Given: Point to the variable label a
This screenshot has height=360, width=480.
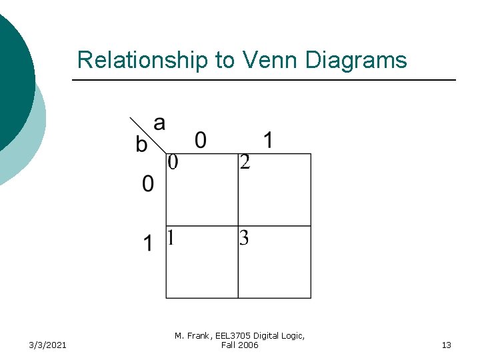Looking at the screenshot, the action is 159,123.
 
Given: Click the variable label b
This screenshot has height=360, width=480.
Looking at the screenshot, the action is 141,144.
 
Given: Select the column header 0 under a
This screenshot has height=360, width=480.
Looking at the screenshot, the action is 200,139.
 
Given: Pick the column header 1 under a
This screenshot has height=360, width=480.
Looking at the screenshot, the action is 267,139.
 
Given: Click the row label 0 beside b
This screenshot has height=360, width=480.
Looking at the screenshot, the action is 148,183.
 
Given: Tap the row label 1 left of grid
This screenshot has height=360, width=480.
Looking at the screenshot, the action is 148,243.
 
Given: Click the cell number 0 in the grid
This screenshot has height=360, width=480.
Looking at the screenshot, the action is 173,162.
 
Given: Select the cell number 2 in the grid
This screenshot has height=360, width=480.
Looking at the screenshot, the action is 245,162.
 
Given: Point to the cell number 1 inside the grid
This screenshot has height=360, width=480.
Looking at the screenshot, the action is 171,237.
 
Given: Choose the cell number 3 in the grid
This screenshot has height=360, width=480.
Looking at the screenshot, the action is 244,237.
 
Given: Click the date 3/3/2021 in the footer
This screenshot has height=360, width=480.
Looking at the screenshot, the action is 47,345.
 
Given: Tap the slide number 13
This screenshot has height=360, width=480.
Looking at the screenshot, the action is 446,345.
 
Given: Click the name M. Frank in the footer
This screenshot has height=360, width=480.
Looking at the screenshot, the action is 192,336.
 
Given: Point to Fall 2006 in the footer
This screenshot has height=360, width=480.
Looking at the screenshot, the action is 239,345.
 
